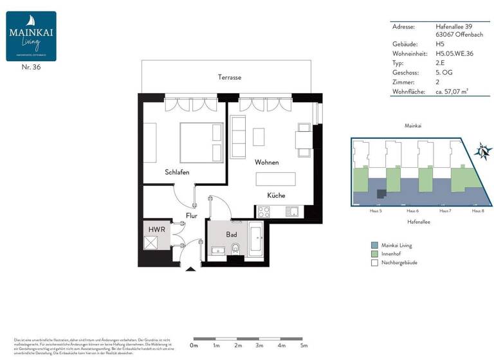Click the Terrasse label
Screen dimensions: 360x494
[x=229, y=77]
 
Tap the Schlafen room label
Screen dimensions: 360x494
[x=177, y=172]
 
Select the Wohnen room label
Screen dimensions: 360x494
[x=266, y=163]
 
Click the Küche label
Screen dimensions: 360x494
[x=277, y=195]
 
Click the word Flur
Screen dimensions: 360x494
[x=192, y=216]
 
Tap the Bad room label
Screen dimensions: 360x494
[x=231, y=235]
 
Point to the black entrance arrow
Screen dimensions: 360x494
[x=190, y=269]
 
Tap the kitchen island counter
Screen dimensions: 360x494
[x=277, y=179]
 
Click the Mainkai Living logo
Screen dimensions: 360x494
[x=31, y=36]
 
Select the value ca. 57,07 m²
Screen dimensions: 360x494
[x=449, y=93]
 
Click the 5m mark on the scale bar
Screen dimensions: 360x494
[x=304, y=345]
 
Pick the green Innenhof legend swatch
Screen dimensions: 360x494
[x=374, y=255]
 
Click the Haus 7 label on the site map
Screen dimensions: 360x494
[x=444, y=211]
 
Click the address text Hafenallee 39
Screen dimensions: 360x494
[x=446, y=26]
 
